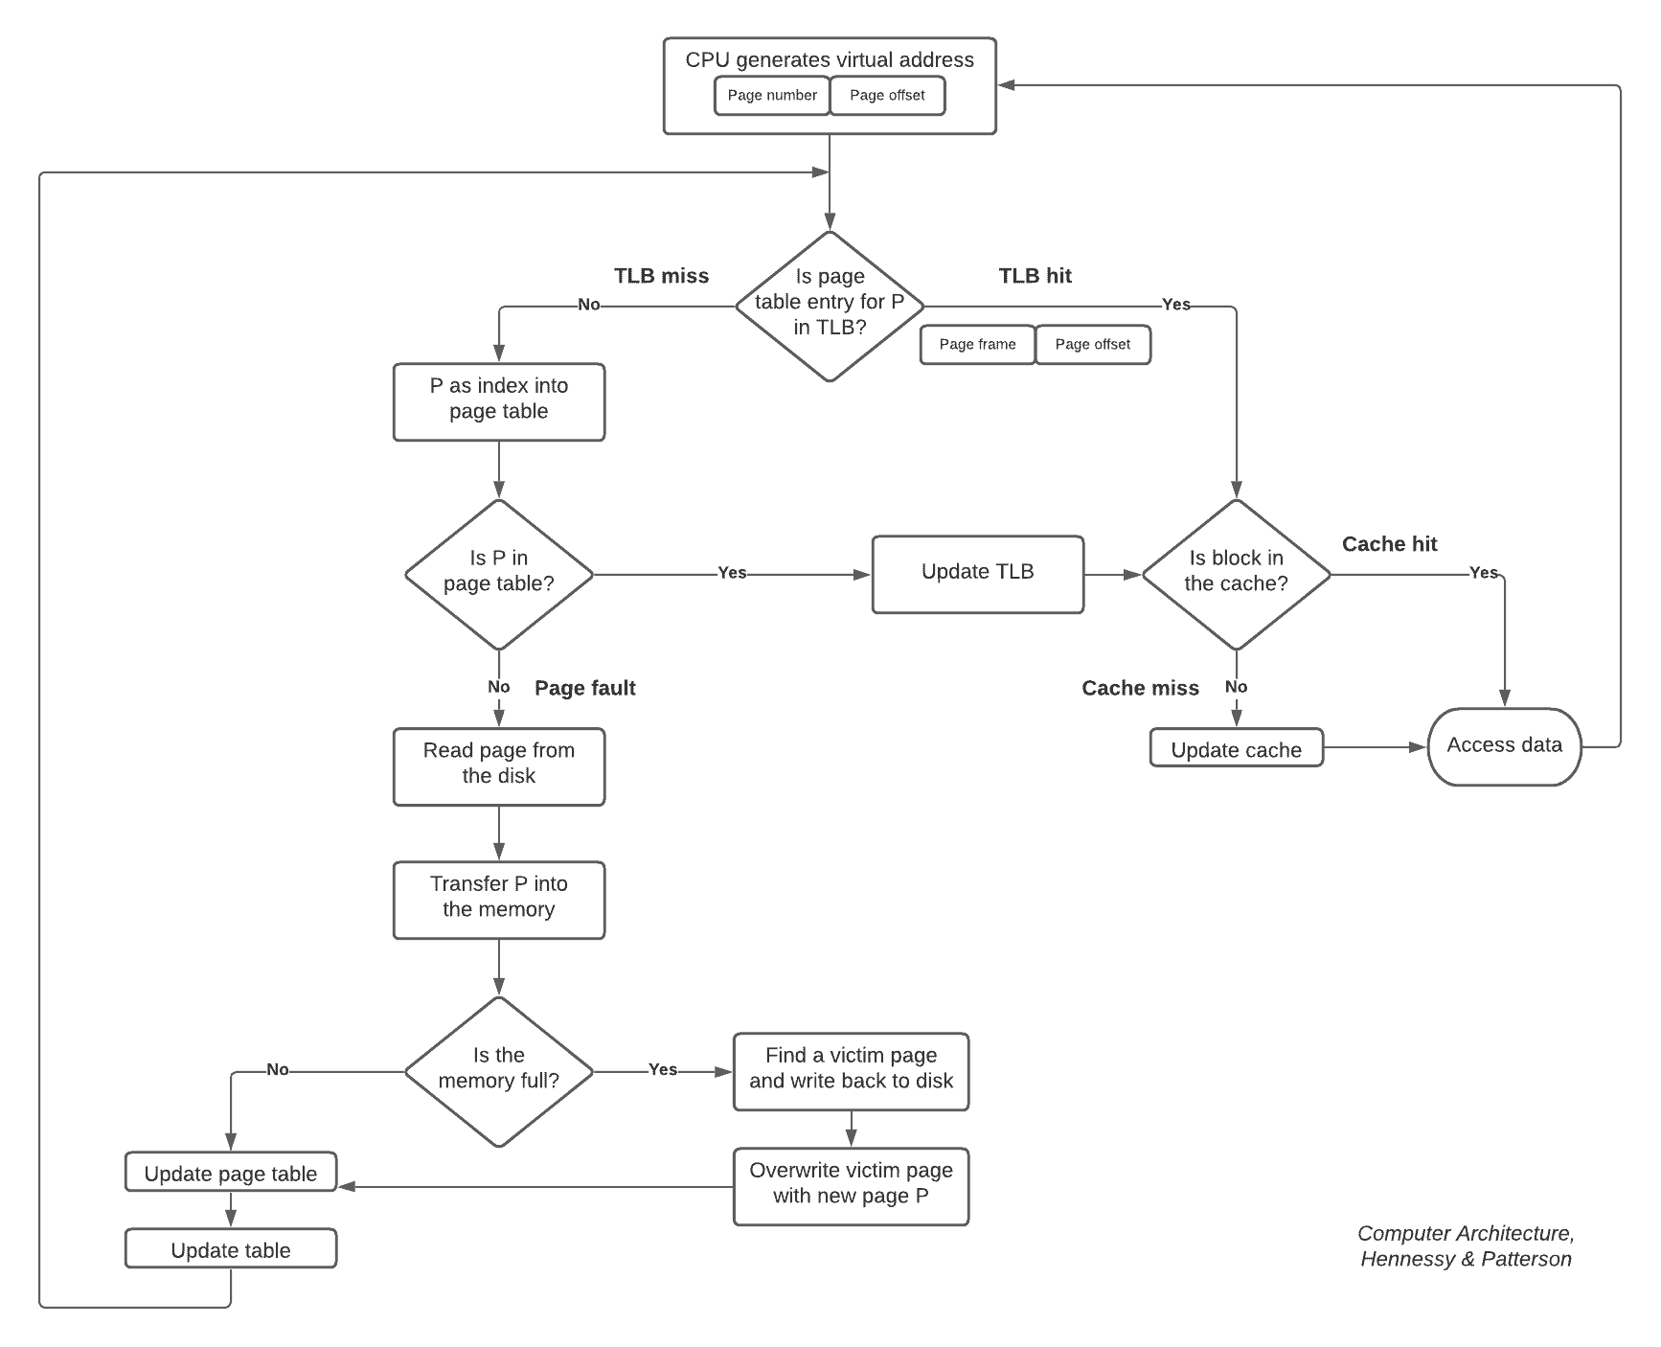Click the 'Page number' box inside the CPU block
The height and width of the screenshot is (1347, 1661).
[x=772, y=96]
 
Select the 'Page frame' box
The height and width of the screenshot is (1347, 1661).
[x=977, y=345]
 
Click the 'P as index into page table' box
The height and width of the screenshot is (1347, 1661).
[x=499, y=401]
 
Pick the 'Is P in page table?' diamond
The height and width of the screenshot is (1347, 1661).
[x=499, y=574]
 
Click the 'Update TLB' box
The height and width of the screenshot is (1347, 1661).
[x=977, y=574]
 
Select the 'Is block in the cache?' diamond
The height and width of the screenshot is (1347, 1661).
[x=1236, y=574]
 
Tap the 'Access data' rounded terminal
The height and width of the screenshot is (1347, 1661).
[x=1504, y=746]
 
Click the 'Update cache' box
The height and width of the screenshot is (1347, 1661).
[x=1236, y=748]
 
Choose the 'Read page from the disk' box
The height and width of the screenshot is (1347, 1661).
[x=499, y=766]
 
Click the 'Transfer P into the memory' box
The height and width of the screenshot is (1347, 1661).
[x=499, y=900]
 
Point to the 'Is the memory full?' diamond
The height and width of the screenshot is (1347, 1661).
[x=499, y=1071]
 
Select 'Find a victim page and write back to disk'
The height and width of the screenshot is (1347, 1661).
[x=851, y=1071]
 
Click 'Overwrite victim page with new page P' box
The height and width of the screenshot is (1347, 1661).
[x=851, y=1186]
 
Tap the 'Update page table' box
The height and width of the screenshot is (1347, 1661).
[x=231, y=1173]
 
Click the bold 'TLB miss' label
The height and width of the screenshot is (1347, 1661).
[x=661, y=277]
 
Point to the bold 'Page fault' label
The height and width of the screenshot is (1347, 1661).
[x=584, y=688]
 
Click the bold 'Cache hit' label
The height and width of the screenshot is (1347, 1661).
[x=1389, y=544]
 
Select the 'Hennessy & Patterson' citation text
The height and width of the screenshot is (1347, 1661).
[x=1466, y=1260]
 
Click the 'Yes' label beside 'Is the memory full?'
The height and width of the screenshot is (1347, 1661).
[x=663, y=1070]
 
